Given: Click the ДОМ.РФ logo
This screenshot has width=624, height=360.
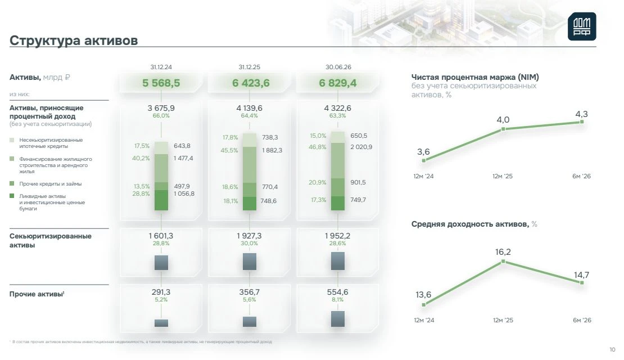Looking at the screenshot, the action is point(582,26).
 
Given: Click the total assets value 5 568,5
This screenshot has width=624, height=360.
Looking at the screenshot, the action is point(161,83).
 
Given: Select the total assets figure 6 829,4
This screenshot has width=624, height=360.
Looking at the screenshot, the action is point(338,83).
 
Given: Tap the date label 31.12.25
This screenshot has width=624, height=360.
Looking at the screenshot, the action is point(250,67).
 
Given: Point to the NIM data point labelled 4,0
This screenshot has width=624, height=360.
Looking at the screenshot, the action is point(503,129).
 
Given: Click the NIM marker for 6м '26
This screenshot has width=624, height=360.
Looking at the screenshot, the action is point(582,122).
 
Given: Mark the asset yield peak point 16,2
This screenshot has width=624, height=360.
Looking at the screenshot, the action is point(503,261).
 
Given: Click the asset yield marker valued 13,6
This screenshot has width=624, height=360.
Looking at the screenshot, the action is point(424,305).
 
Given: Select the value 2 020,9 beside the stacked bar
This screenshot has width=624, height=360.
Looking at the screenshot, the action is point(361,147).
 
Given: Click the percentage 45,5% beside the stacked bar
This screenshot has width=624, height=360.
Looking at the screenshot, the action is point(229,150).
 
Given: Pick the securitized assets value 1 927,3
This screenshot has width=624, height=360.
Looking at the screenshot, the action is point(250,236).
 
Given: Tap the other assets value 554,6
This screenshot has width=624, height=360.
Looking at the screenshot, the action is point(337,292).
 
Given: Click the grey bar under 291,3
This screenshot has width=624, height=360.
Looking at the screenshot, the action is point(161,323).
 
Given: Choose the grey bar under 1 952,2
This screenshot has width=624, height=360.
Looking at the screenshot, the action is point(338,261).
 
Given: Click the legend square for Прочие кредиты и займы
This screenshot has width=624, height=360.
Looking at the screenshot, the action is point(12,183).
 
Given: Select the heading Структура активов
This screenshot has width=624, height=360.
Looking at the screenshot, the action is point(74,40).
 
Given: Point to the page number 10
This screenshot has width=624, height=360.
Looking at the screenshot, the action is point(612,350).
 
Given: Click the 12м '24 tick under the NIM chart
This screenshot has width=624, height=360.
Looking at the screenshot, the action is point(423,176).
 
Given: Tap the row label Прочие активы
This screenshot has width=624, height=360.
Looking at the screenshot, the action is point(36,294).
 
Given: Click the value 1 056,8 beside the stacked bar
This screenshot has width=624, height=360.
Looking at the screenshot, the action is point(184,193).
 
